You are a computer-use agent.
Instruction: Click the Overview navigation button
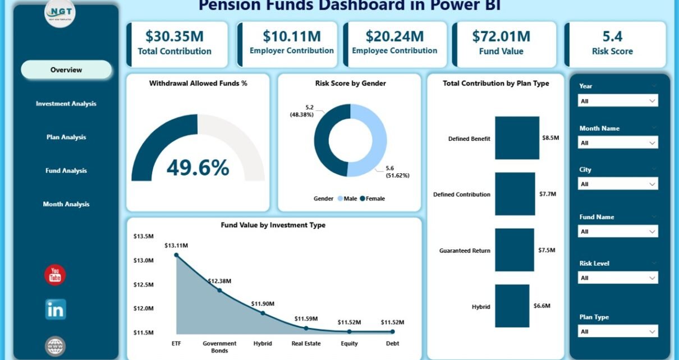coord(66,70)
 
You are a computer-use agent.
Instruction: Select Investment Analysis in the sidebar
coord(66,104)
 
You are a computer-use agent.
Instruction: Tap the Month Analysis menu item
coord(66,204)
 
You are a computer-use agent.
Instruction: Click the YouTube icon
coord(55,275)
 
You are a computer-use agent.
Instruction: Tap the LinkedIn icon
coord(56,310)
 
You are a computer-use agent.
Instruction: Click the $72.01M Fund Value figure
coord(501,36)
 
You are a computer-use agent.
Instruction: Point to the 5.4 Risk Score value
coord(612,36)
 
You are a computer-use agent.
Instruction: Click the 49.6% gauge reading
coord(198,167)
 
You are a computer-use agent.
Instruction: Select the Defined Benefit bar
coord(517,138)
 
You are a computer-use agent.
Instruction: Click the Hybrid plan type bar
coord(512,306)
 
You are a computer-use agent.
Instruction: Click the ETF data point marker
coord(176,255)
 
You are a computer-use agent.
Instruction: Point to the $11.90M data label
coord(263,303)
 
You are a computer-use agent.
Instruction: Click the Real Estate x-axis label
coord(305,344)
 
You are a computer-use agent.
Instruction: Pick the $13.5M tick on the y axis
coord(143,236)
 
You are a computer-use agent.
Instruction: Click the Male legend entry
coord(347,199)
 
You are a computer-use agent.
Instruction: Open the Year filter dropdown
coord(617,101)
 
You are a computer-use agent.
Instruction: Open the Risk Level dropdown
coord(617,278)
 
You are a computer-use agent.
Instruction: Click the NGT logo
coord(60,13)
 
